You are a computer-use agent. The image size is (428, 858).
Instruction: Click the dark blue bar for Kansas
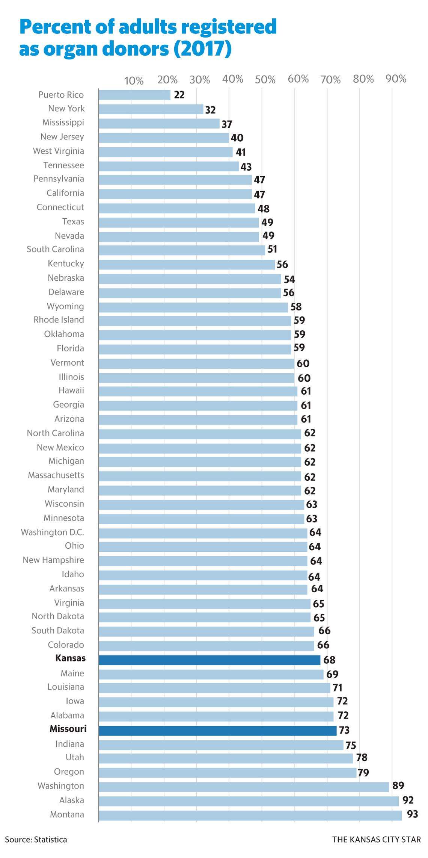click(209, 660)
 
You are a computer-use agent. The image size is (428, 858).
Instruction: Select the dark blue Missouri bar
click(218, 731)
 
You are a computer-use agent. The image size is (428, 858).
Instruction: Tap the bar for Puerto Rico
click(134, 95)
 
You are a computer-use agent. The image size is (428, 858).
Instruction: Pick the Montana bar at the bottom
click(250, 815)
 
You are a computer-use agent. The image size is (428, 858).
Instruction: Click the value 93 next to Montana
click(412, 814)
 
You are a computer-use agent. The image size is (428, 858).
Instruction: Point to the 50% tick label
click(265, 80)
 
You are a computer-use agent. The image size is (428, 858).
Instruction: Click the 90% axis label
click(396, 79)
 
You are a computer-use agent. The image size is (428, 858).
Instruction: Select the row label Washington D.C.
click(53, 532)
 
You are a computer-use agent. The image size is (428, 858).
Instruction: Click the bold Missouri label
click(68, 729)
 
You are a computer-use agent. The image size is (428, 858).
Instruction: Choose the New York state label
click(66, 109)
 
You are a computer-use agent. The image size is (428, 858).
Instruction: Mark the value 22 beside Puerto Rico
click(179, 95)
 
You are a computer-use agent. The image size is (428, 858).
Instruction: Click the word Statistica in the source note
click(50, 840)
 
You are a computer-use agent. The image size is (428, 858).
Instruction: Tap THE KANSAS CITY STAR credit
click(376, 840)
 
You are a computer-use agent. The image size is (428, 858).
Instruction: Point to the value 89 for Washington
click(398, 786)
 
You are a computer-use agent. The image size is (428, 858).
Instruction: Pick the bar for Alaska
click(249, 801)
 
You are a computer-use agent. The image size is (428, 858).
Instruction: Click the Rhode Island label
click(59, 320)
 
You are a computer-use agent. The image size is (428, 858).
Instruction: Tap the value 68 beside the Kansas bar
click(329, 660)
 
